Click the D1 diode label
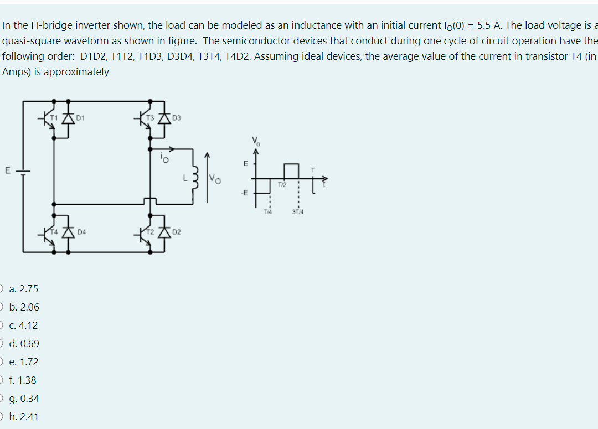81,117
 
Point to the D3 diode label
177,117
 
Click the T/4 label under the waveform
268,211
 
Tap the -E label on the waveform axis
243,193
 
